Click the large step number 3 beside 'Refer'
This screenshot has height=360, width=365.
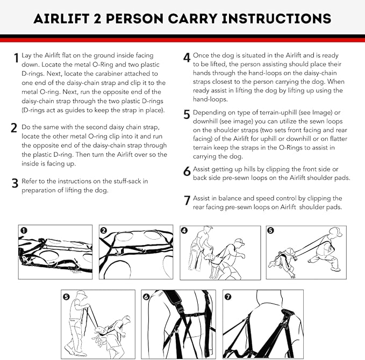tap(15, 184)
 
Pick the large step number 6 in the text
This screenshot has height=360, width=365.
tap(187, 171)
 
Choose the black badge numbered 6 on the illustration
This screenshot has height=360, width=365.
tap(146, 296)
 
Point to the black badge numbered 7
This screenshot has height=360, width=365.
tap(227, 296)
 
